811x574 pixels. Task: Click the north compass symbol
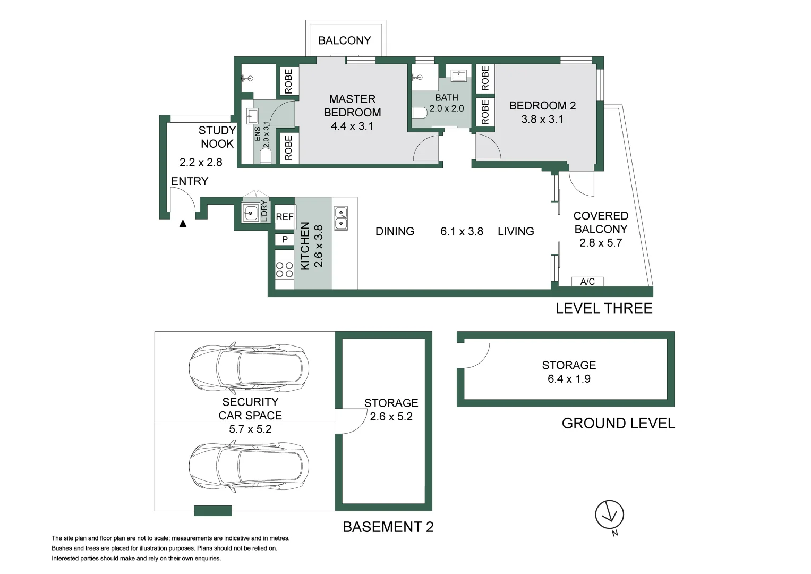click(609, 515)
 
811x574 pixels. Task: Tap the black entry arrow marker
click(183, 224)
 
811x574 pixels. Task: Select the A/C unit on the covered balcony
click(587, 282)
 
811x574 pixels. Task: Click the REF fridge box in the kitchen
click(285, 217)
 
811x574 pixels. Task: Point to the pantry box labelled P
click(285, 239)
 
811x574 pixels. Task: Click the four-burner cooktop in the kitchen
click(285, 270)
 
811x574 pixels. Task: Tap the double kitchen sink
click(341, 218)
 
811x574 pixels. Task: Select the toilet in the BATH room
click(420, 113)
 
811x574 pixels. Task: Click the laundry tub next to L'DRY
click(250, 213)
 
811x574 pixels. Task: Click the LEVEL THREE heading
click(603, 308)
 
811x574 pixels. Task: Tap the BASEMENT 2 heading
click(388, 527)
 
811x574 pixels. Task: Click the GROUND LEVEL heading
click(618, 424)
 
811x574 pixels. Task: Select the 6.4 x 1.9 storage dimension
click(569, 379)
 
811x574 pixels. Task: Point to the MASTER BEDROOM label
click(352, 106)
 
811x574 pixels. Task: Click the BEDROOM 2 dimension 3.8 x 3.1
click(542, 120)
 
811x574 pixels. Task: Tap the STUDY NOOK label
click(217, 137)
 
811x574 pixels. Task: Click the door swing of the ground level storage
click(475, 355)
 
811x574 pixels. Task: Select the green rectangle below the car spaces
click(213, 511)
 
